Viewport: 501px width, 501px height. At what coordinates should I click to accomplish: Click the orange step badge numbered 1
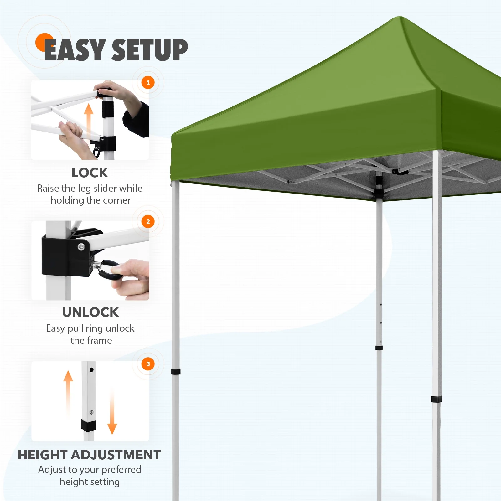click(x=148, y=83)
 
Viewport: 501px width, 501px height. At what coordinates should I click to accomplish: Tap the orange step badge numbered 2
click(x=148, y=222)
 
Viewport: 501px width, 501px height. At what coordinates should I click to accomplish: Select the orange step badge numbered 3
click(x=148, y=364)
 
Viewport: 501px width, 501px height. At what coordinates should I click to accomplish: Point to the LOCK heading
click(x=90, y=173)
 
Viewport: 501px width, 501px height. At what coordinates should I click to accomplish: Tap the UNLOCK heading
click(x=90, y=312)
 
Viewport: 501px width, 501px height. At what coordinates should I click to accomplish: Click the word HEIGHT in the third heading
click(x=43, y=455)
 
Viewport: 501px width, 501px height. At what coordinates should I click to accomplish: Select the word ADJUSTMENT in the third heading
click(x=116, y=455)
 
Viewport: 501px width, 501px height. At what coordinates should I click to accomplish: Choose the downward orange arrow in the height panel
click(x=112, y=413)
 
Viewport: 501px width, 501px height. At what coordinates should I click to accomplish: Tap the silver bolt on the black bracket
click(x=81, y=247)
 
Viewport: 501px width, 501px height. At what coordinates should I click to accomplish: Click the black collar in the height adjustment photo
click(x=89, y=425)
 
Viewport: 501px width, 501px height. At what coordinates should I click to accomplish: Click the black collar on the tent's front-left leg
click(x=175, y=372)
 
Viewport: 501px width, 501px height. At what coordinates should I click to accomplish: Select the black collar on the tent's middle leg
click(x=379, y=348)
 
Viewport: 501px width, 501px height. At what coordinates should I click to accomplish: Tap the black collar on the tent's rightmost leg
click(x=436, y=399)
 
